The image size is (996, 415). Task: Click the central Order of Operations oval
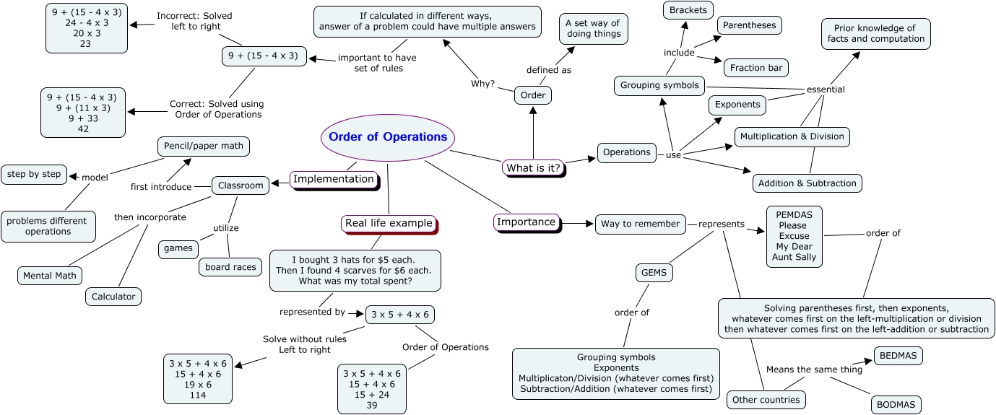pos(388,137)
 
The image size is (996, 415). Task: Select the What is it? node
pos(534,168)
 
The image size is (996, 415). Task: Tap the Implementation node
pos(334,180)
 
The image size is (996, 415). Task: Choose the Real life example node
pos(389,223)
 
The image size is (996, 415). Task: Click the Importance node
pos(527,222)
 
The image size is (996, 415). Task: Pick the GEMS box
pos(654,273)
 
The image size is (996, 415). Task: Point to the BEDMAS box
pos(898,356)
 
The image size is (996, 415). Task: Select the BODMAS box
pos(896,405)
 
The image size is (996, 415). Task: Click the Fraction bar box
pos(756,68)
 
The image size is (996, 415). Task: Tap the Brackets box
pos(688,10)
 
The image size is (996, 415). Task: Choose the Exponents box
pos(737,105)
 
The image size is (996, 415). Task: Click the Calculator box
pos(113,297)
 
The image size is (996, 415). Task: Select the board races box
pos(230,267)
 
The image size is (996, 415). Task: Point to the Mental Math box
pos(50,276)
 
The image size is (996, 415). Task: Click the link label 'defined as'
pos(549,70)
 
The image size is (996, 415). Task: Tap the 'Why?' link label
pos(483,84)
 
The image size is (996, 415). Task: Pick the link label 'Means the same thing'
pos(814,370)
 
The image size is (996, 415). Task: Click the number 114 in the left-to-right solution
pos(198,396)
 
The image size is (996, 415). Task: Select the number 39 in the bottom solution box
pos(372,405)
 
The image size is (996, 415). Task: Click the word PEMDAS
pos(794,215)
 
